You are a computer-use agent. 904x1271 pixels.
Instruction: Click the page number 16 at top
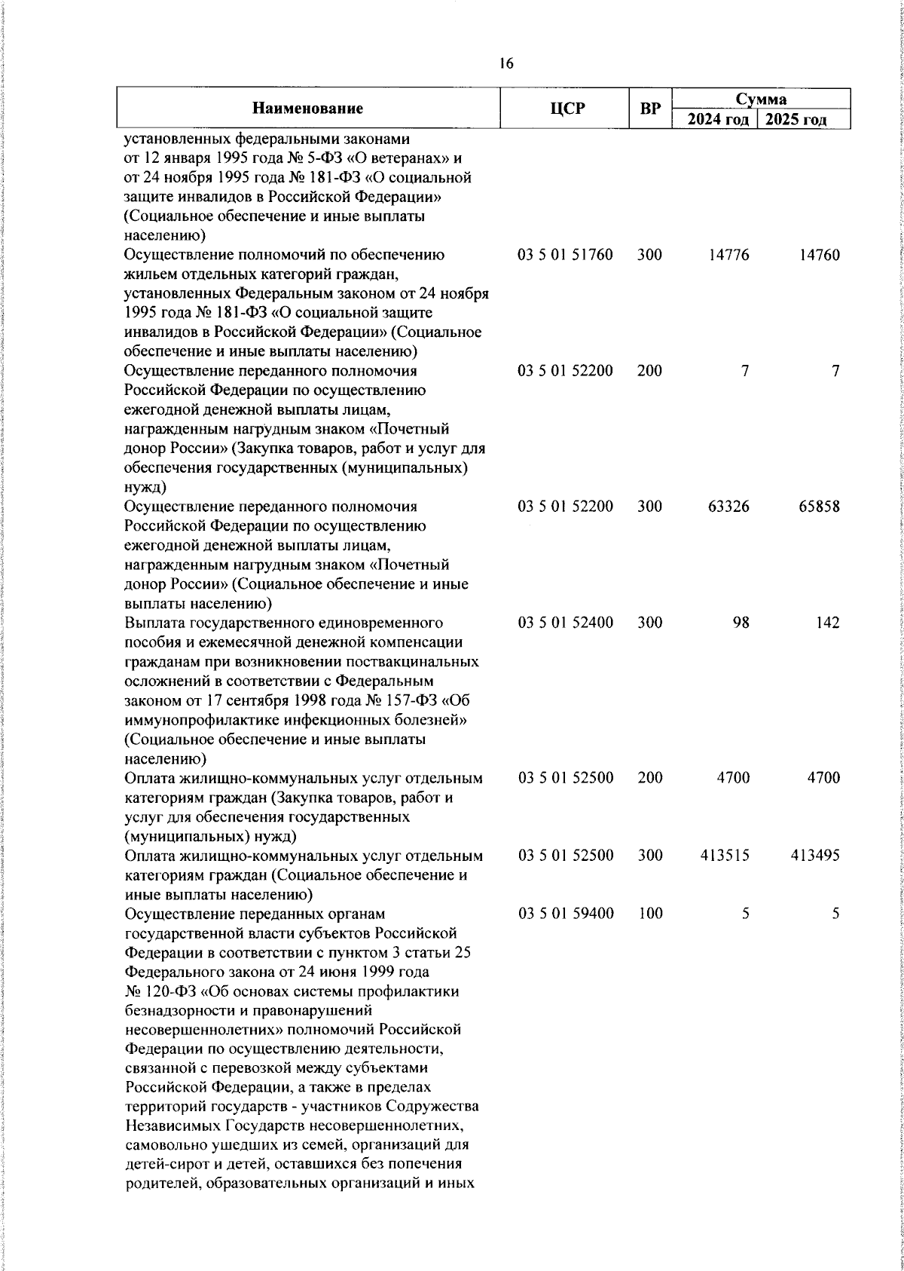point(506,64)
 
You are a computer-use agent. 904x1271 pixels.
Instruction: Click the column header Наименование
point(307,109)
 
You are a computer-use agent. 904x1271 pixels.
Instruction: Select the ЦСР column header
point(565,109)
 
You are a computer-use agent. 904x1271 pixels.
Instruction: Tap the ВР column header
point(649,109)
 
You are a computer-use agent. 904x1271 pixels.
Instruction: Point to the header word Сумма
point(761,99)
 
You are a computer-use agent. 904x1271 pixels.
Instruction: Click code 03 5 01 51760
point(565,255)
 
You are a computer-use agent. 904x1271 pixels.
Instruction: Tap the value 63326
point(728,507)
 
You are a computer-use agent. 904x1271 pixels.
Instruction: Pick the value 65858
point(819,507)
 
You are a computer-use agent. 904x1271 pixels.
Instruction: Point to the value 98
point(741,623)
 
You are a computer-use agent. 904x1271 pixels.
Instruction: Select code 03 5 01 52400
point(565,623)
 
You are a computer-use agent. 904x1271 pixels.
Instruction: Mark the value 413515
point(725,856)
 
